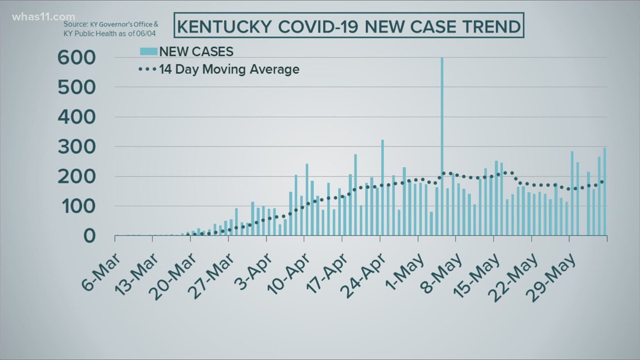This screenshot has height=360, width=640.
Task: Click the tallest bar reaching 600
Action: [x=442, y=146]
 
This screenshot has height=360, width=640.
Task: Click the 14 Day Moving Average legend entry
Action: [x=219, y=70]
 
